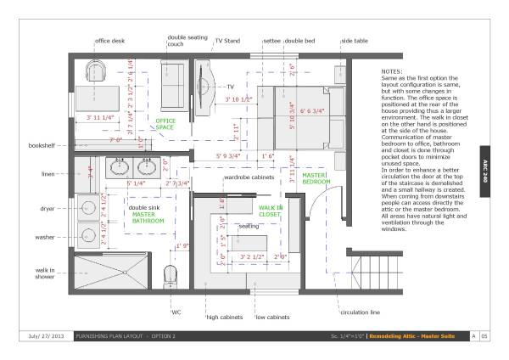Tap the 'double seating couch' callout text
[x=187, y=41]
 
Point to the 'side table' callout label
[x=355, y=40]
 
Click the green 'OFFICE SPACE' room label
[x=165, y=125]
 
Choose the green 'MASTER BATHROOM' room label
[x=149, y=218]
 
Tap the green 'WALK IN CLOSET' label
[x=271, y=211]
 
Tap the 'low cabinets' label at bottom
[x=273, y=318]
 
